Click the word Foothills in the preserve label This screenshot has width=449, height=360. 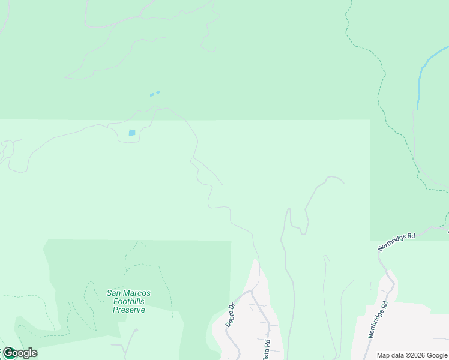[128, 301]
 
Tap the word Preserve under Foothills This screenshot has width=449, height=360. [128, 310]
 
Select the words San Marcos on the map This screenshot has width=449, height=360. [128, 293]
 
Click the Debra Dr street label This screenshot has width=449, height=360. [231, 314]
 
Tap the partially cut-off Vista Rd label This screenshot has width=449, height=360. [267, 349]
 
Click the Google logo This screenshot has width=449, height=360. [19, 353]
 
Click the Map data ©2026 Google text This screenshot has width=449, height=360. [412, 355]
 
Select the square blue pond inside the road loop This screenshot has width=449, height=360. [132, 133]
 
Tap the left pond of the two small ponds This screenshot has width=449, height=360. [152, 95]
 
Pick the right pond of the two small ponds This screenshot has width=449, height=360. [158, 92]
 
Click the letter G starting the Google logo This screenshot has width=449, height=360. [8, 353]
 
